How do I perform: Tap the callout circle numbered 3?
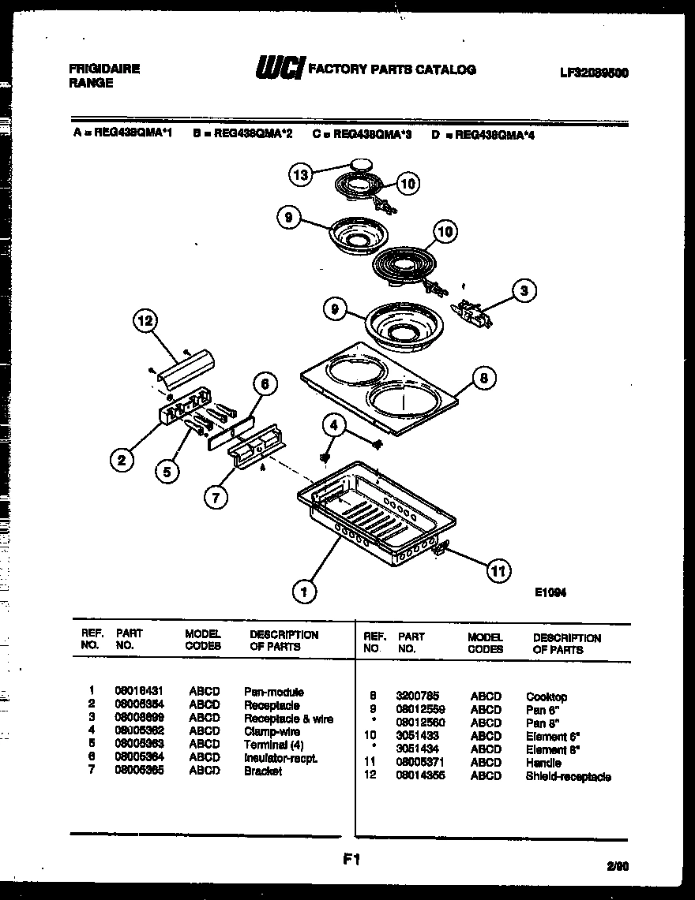click(523, 291)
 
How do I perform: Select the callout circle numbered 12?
click(145, 320)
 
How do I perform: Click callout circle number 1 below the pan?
click(304, 591)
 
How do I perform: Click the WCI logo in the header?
click(278, 69)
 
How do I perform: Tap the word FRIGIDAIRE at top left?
click(104, 69)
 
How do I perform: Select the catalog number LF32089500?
click(594, 72)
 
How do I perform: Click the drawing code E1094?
click(550, 592)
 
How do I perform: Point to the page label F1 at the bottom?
click(351, 861)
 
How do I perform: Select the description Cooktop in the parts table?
click(547, 696)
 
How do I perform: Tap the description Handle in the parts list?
click(543, 763)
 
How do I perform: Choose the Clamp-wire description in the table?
click(272, 731)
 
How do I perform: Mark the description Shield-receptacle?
click(568, 776)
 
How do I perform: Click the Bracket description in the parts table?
click(263, 771)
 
